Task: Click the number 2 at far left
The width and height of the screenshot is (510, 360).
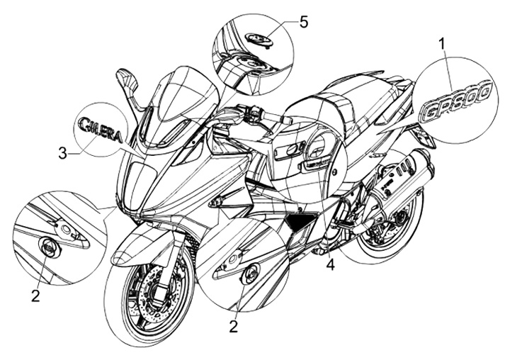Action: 35,296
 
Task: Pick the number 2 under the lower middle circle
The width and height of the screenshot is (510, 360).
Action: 233,326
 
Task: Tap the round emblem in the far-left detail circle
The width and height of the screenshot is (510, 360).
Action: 48,247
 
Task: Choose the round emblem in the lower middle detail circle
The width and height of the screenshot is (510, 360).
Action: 249,275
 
